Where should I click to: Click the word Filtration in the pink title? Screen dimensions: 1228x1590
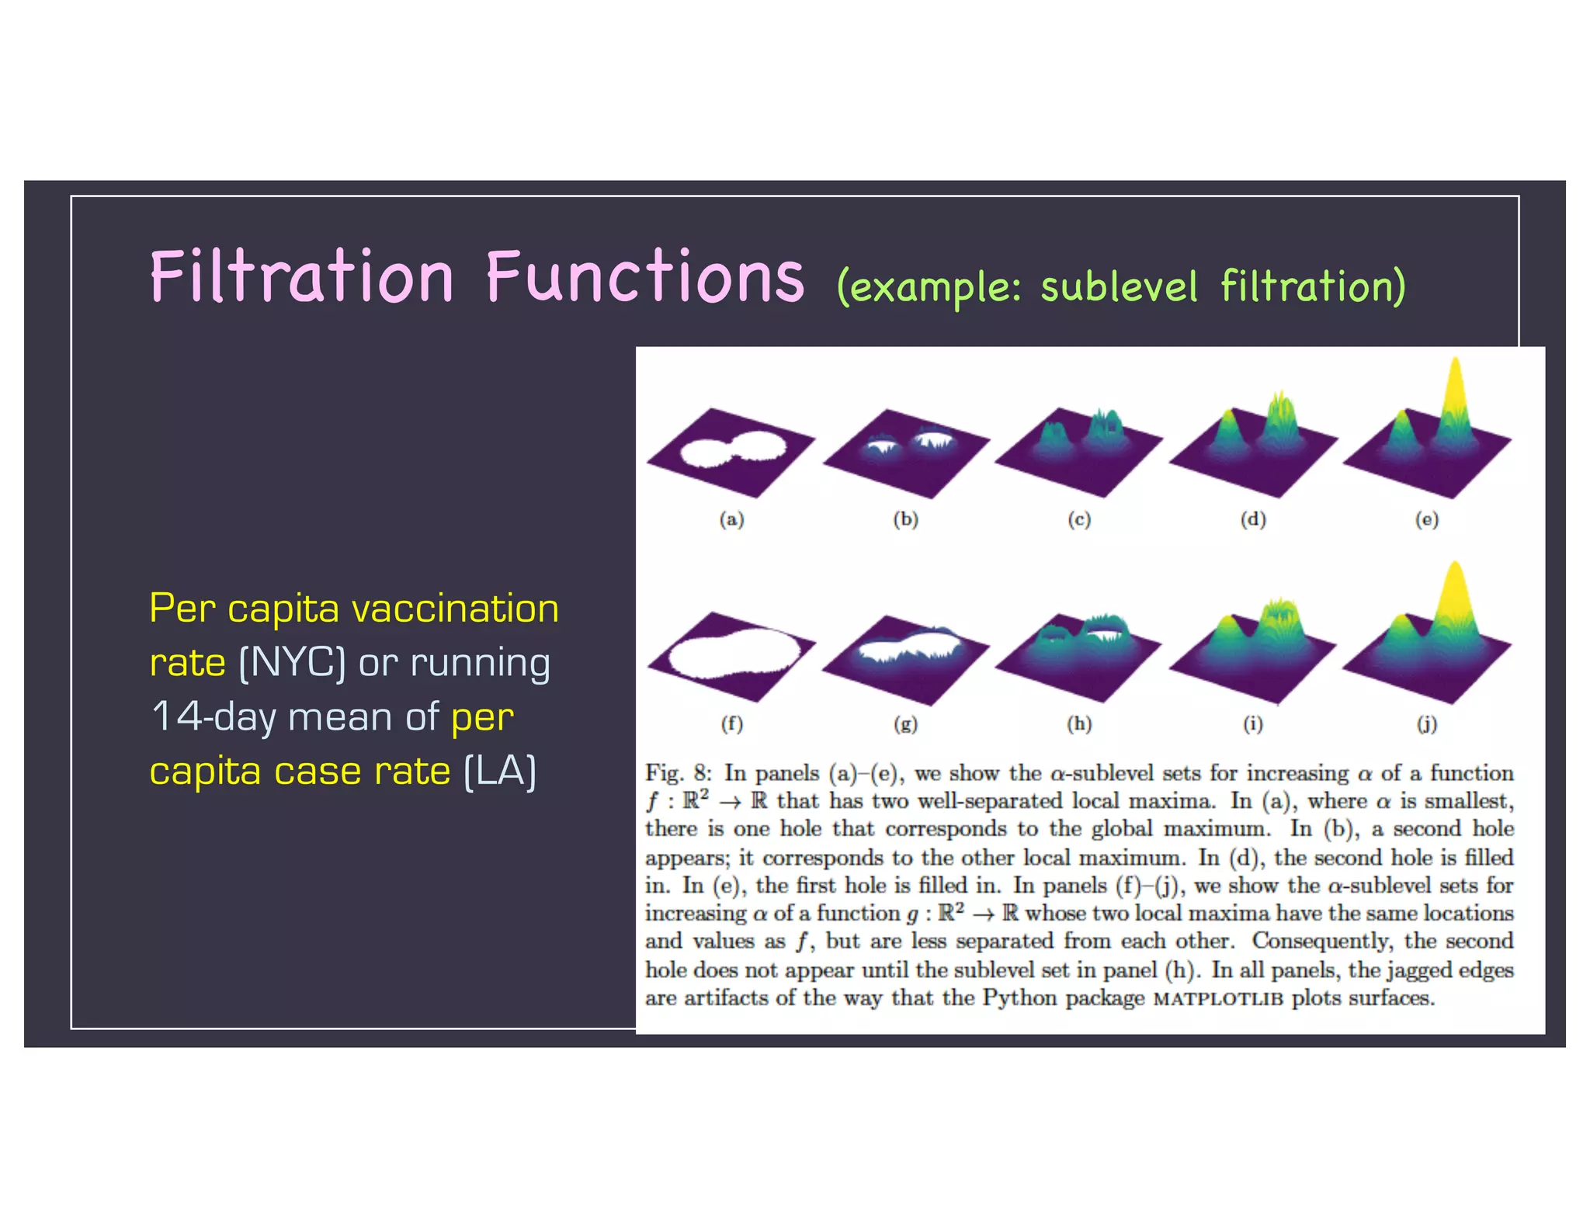tap(301, 277)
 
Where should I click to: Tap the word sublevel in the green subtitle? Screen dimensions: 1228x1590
tap(1119, 286)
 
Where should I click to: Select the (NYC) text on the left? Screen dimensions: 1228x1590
tap(292, 663)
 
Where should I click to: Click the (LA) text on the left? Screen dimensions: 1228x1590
tap(500, 772)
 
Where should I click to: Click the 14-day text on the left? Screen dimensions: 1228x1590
tap(213, 716)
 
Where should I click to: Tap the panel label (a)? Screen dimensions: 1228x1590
tap(731, 519)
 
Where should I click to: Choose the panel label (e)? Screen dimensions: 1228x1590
tap(1426, 519)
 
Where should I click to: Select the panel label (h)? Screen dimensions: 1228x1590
tap(1079, 724)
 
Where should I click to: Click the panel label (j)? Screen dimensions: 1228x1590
tap(1426, 724)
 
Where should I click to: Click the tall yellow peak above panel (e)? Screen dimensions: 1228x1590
tap(1456, 388)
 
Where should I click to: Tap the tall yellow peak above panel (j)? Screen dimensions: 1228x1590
tap(1455, 594)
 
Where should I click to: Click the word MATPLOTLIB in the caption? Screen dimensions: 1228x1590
tap(1217, 999)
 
